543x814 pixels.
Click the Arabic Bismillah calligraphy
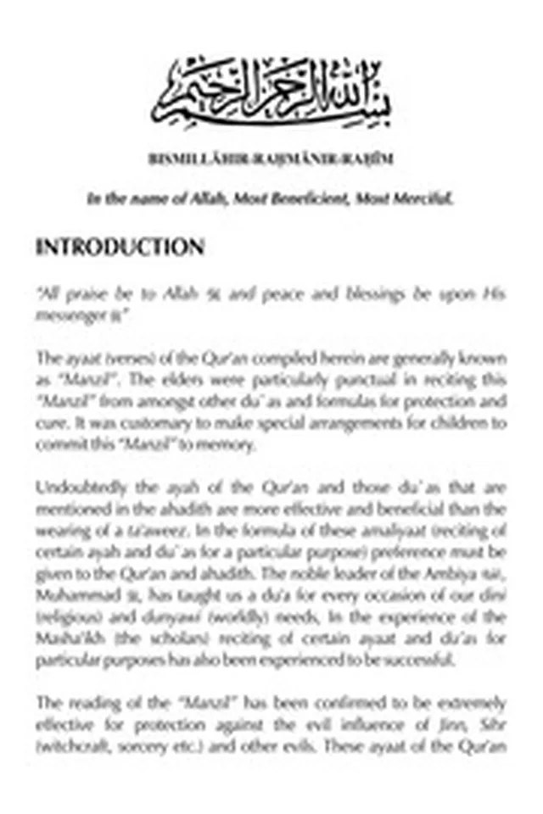click(272, 91)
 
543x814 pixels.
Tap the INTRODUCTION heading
click(120, 247)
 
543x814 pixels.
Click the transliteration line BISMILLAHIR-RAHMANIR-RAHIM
click(271, 159)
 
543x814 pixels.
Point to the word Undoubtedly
click(79, 488)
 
